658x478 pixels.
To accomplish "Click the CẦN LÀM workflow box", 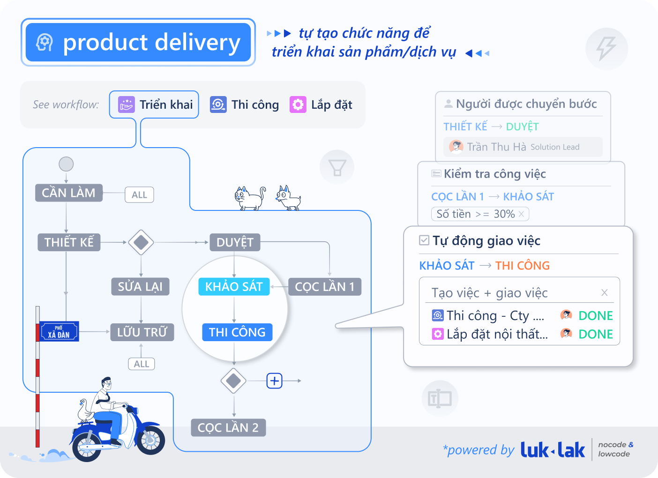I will (x=68, y=193).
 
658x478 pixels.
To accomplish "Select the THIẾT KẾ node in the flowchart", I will (x=69, y=242).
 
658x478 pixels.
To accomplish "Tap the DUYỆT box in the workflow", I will (x=235, y=242).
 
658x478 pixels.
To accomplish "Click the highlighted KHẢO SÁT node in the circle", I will (x=234, y=286).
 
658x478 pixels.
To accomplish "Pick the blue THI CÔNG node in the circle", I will (x=237, y=332).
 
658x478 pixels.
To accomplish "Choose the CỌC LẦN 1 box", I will (x=324, y=286).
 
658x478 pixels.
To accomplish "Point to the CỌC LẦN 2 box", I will (x=228, y=427).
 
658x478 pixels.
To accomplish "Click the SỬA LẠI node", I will (x=140, y=286).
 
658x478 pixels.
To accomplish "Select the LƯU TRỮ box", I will (x=142, y=332).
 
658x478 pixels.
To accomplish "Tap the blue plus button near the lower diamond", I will (x=275, y=381).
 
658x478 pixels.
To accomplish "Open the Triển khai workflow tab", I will (x=154, y=105).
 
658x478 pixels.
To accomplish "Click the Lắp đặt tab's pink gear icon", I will (x=298, y=105).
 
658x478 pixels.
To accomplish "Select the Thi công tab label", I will (x=255, y=105).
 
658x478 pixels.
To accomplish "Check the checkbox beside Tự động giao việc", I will (x=424, y=240).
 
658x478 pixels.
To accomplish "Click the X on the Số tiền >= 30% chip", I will (x=521, y=214).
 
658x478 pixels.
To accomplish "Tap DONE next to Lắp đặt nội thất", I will (x=596, y=334).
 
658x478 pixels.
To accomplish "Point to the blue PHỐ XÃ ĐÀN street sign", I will (x=59, y=331).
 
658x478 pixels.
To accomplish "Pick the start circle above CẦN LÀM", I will (x=66, y=164).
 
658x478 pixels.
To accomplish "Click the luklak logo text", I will (x=553, y=450).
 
